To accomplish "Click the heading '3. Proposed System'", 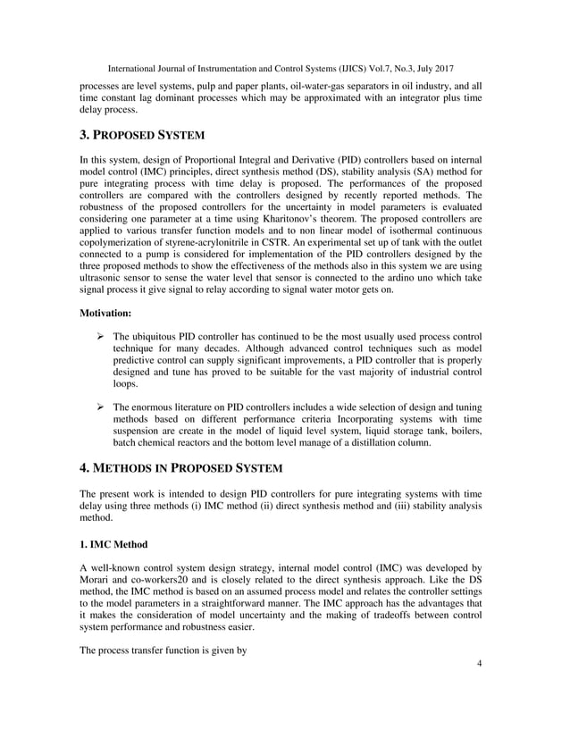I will click(142, 135).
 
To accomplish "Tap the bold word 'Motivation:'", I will click(107, 314).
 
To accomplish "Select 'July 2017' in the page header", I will click(434, 68).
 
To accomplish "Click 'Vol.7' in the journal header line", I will click(367, 68).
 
